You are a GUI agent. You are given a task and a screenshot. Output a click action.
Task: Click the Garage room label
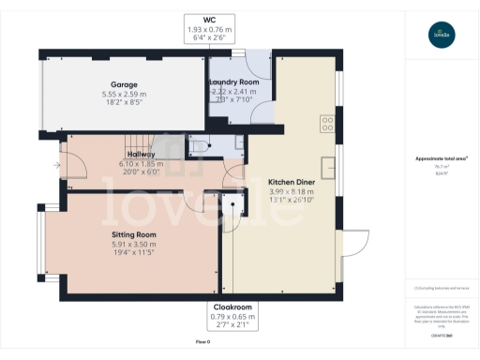(x=125, y=84)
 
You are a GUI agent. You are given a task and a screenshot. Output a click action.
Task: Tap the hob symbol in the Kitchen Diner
(x=328, y=122)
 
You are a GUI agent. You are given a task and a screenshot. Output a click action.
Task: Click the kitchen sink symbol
(x=328, y=166)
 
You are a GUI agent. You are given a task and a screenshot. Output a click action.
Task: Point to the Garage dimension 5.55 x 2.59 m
(x=125, y=94)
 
